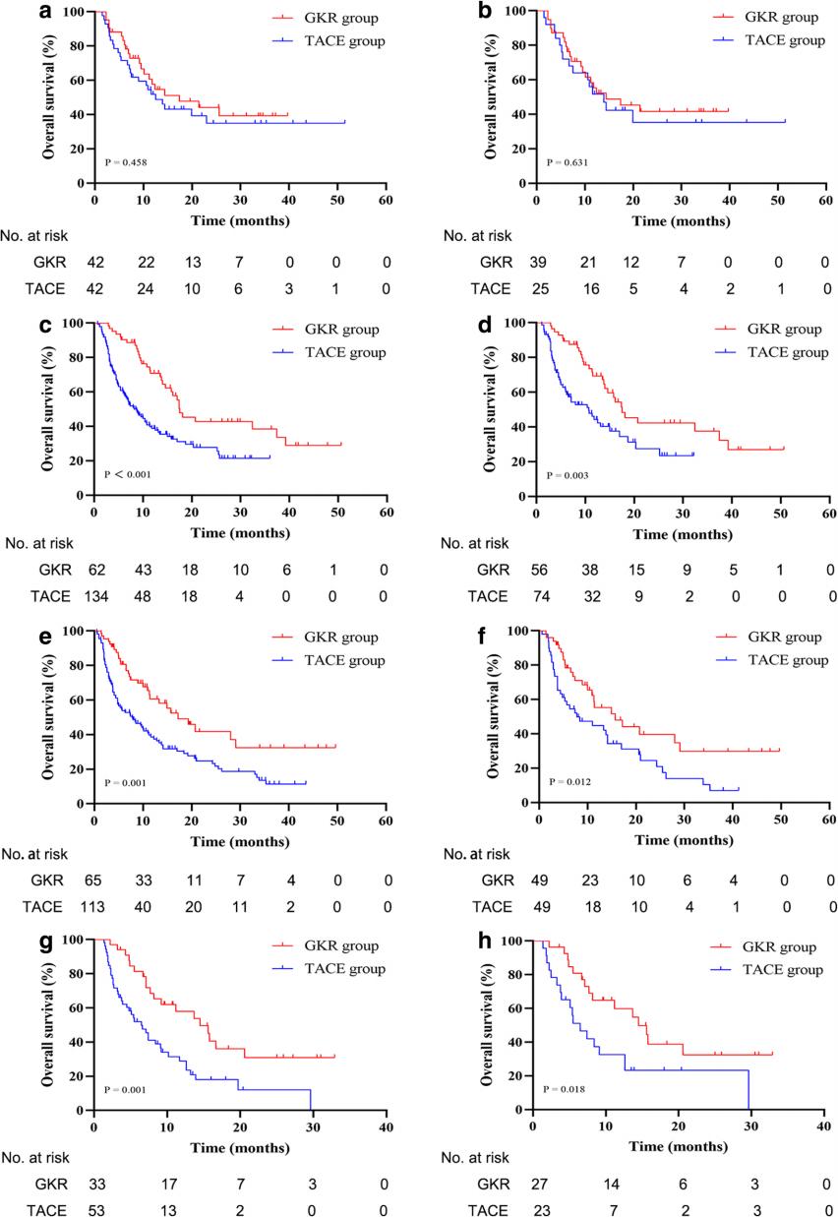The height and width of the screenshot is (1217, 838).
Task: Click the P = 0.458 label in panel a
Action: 127,160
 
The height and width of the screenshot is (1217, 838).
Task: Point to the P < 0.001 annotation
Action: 129,473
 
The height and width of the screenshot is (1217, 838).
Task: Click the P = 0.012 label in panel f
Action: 567,781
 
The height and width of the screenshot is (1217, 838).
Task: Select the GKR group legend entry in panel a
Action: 316,19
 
